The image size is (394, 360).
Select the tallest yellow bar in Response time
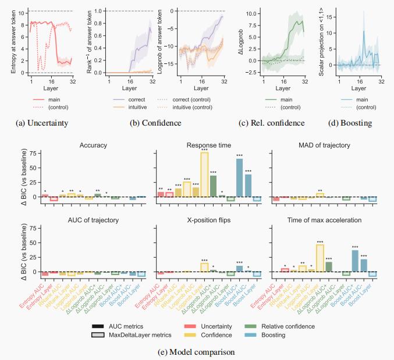pyautogui.click(x=204, y=174)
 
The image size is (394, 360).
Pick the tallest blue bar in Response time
pyautogui.click(x=239, y=178)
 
